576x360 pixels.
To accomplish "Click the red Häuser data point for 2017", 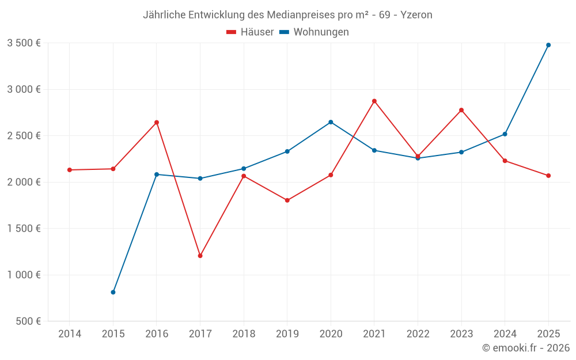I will click(x=200, y=256).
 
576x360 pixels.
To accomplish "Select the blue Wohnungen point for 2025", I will click(x=548, y=45).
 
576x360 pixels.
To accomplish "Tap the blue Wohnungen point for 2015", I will click(x=113, y=293).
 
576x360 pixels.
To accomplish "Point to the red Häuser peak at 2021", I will click(x=374, y=101).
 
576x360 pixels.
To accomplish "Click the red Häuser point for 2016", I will click(x=157, y=122).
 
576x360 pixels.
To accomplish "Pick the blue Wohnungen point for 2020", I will click(x=331, y=122).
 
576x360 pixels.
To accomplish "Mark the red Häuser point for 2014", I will click(x=70, y=170).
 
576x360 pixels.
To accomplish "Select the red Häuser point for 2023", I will click(x=461, y=110).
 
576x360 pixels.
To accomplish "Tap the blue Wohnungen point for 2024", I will click(x=505, y=134).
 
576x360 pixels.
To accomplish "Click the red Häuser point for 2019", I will click(x=287, y=200).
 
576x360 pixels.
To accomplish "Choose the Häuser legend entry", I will click(x=250, y=32).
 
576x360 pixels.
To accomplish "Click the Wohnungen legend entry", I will click(x=314, y=32).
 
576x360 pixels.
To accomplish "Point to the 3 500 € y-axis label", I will click(x=24, y=43).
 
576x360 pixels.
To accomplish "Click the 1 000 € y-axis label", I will click(x=24, y=275).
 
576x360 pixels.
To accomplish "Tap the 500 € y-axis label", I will click(x=27, y=321).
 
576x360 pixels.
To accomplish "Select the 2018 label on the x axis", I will click(x=244, y=334).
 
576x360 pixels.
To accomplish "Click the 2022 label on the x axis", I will click(x=418, y=334).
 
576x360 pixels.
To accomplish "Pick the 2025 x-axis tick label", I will click(x=548, y=334).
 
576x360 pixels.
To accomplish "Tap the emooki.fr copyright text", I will click(x=526, y=348).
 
